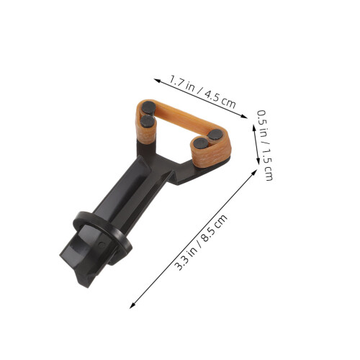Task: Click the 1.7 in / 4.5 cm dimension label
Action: [x=202, y=91]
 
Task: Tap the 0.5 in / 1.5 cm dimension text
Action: [x=265, y=145]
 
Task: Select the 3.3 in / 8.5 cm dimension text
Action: [x=201, y=243]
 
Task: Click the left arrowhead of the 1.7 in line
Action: [x=158, y=81]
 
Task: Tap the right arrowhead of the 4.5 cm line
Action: [x=244, y=117]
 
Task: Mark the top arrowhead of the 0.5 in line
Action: [x=254, y=127]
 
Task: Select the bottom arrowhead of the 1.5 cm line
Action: [x=258, y=161]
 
